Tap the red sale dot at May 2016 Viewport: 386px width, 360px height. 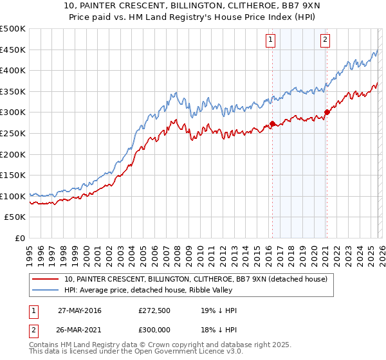(x=272, y=123)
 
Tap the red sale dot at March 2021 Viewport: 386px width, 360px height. (x=327, y=112)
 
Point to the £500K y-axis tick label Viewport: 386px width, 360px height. (x=13, y=29)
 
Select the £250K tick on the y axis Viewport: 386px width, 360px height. (x=13, y=133)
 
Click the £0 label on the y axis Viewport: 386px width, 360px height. (x=20, y=238)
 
